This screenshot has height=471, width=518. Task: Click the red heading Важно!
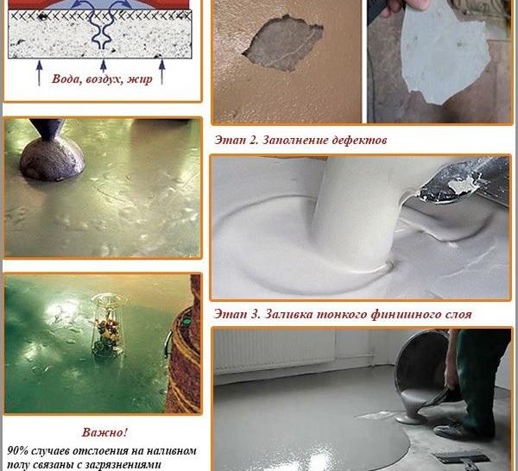(104, 432)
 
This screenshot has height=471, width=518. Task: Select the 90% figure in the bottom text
(18, 450)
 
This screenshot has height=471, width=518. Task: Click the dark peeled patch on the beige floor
(282, 43)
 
